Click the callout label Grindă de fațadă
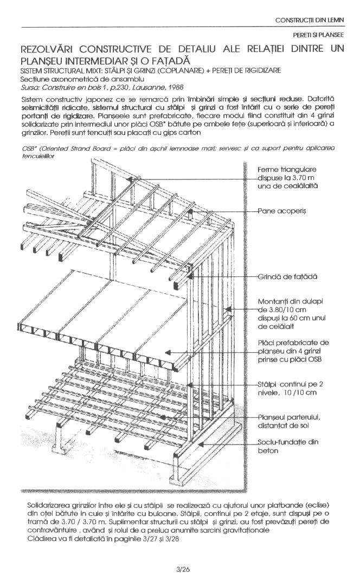(287, 276)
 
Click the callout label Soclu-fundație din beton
(288, 446)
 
